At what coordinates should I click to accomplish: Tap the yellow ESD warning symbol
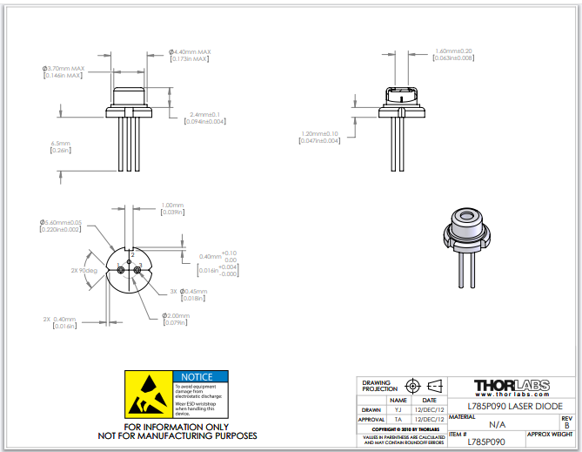click(x=149, y=394)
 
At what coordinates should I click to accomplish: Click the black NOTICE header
click(x=201, y=376)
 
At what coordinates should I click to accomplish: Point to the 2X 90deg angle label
click(x=85, y=270)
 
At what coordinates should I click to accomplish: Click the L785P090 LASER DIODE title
click(x=514, y=406)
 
